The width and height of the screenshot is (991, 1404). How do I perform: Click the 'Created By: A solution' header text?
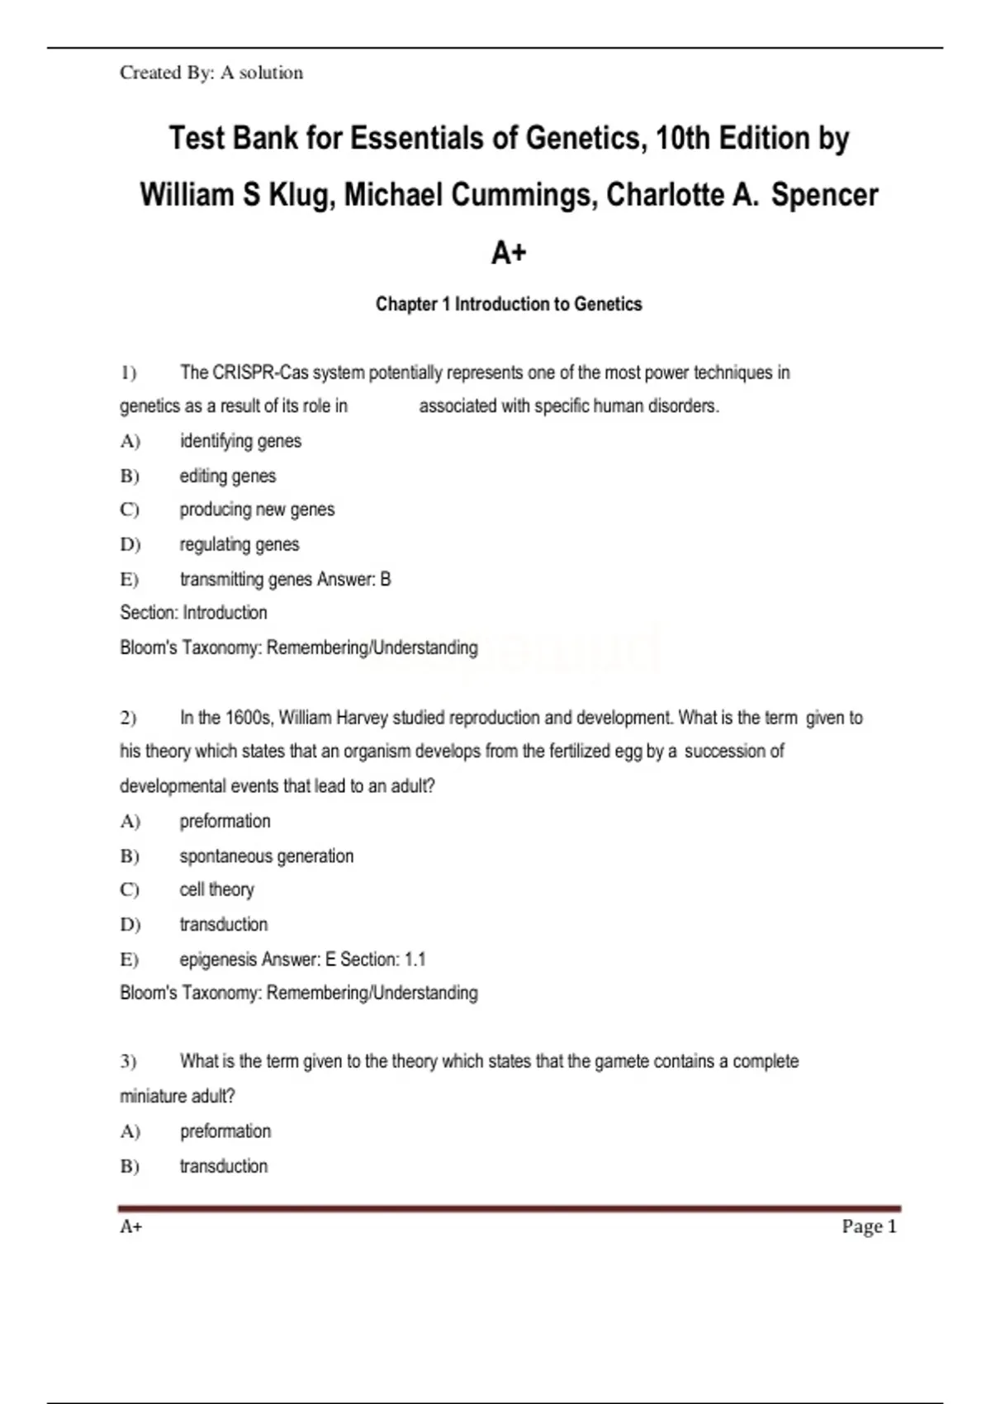pos(211,73)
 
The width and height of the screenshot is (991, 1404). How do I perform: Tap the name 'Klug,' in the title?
pos(298,195)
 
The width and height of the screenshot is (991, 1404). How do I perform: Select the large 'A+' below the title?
pos(509,252)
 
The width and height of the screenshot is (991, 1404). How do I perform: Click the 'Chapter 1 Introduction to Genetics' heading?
pos(509,304)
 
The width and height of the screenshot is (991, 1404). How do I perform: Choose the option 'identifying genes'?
pos(240,441)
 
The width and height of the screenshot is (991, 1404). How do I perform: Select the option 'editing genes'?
pos(228,476)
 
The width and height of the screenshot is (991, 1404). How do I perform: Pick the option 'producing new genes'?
pos(257,510)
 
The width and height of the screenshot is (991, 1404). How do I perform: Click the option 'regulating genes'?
pos(239,544)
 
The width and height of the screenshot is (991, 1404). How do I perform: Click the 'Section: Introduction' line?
pos(193,613)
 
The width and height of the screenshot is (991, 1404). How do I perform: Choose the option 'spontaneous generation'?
pos(266,856)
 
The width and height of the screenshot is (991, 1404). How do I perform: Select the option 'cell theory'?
pos(216,889)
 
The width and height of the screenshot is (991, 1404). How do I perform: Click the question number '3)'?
pos(128,1061)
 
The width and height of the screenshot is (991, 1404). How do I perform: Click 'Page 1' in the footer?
pos(869,1226)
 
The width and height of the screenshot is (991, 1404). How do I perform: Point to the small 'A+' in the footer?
pos(130,1226)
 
